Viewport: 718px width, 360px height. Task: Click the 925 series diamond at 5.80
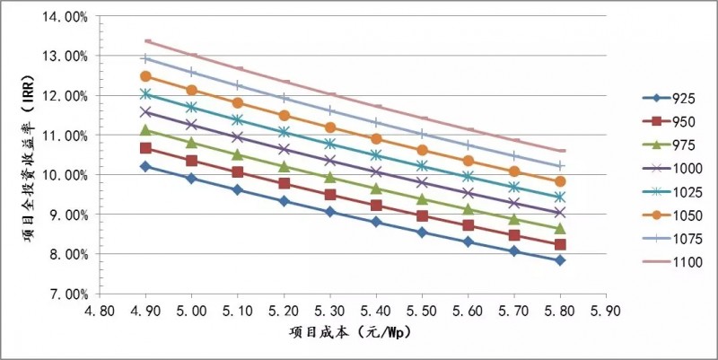point(560,260)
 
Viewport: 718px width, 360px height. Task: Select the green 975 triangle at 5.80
point(560,229)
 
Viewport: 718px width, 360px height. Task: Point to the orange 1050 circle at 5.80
point(560,181)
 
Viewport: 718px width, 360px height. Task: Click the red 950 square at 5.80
point(560,244)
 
